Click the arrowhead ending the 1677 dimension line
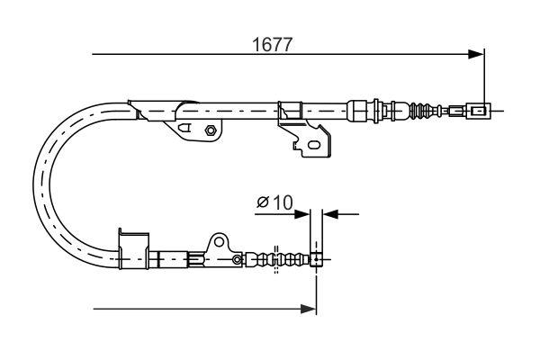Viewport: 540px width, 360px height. [479, 55]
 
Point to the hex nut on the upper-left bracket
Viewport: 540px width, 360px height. [209, 130]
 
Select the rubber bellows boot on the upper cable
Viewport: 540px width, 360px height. [418, 112]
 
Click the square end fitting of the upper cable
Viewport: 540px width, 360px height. [479, 112]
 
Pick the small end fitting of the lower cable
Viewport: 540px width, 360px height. [317, 261]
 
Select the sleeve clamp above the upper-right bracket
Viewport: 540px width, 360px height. [290, 112]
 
